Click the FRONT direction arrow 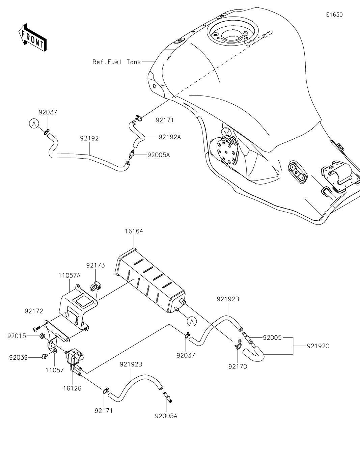pos(32,38)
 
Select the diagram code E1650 pos(334,15)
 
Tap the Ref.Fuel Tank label pos(117,62)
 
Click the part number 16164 pos(134,231)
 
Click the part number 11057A pos(70,275)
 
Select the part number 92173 pos(95,265)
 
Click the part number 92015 pos(17,336)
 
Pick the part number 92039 pos(19,358)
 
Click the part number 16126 pos(72,388)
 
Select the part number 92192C pos(318,346)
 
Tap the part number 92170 pos(238,366)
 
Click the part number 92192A pos(170,137)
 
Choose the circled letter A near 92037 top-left pos(34,124)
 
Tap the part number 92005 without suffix pos(272,338)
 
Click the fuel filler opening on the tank pos(232,34)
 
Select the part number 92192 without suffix pos(89,138)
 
